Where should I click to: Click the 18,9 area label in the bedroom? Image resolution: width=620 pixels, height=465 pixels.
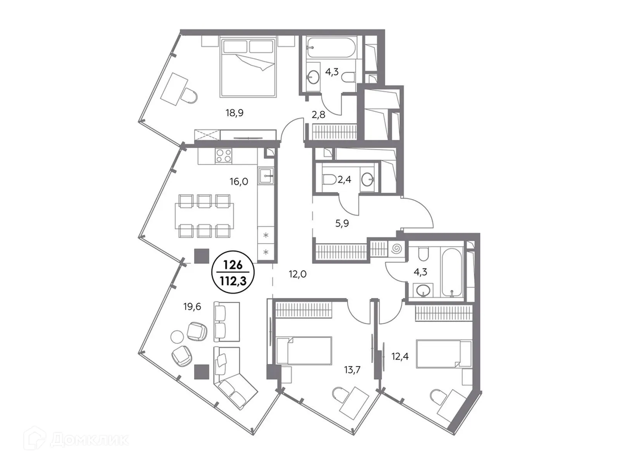coord(234,113)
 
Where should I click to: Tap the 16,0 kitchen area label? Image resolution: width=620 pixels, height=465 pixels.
coord(239,181)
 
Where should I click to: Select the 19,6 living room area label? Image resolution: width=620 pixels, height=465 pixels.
coord(192,307)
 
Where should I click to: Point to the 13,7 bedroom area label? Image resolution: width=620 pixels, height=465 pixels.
coord(352,370)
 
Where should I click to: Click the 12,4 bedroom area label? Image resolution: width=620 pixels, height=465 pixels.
coord(400,356)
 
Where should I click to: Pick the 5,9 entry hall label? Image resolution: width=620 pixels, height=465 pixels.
coord(342,223)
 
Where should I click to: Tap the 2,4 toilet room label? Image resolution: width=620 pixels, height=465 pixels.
coord(344,179)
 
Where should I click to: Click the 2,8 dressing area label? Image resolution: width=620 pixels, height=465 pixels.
coord(319,115)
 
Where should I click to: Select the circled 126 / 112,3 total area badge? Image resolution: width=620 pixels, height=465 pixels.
coord(234,273)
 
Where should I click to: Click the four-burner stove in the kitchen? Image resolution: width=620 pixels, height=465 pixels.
coord(224,156)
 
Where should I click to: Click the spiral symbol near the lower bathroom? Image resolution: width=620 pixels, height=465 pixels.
coord(397,248)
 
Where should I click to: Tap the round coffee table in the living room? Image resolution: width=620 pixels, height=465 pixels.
coord(177,336)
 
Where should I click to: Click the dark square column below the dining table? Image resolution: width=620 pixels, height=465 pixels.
coord(201,256)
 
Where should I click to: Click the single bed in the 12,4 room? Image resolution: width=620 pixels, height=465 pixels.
coord(443,353)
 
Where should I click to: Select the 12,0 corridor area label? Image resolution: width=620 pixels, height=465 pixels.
coord(298,274)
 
